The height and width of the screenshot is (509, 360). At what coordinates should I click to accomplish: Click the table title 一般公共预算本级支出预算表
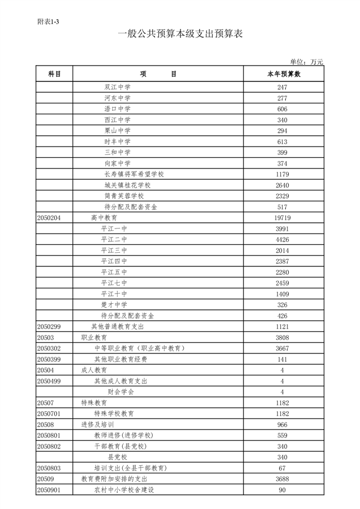(x=180, y=34)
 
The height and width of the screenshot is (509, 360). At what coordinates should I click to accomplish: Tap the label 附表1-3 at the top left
(x=48, y=21)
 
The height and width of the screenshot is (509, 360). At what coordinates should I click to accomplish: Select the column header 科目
(x=54, y=74)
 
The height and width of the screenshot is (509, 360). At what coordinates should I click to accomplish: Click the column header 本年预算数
(x=283, y=74)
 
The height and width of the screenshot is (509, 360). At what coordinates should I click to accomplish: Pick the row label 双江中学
(x=117, y=88)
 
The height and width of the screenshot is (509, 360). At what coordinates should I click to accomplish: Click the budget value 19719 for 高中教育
(x=282, y=218)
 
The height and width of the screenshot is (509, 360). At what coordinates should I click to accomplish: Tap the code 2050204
(x=49, y=218)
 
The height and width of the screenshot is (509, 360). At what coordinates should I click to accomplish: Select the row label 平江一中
(x=114, y=228)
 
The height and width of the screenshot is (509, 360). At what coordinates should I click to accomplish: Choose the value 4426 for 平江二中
(x=282, y=239)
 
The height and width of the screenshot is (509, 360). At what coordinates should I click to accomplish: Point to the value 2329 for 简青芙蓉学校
(x=282, y=196)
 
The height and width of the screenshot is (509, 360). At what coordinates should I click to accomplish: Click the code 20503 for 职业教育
(x=45, y=337)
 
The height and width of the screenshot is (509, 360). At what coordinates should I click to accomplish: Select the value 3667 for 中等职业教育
(x=282, y=348)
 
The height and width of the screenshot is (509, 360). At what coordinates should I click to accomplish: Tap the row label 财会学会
(x=121, y=391)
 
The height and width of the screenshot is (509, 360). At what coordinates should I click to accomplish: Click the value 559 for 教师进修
(x=282, y=435)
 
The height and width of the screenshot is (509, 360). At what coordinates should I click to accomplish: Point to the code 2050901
(x=49, y=489)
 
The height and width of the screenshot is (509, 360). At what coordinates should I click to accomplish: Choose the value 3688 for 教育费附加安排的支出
(x=282, y=478)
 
